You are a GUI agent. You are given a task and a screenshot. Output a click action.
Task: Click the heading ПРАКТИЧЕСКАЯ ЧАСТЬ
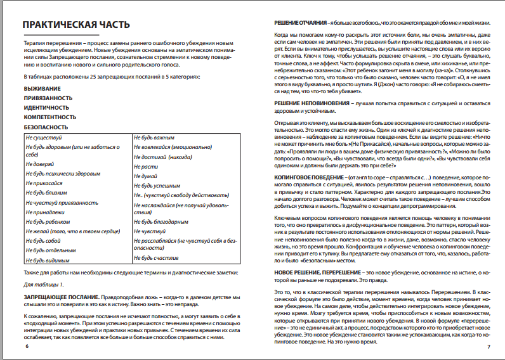point(77,25)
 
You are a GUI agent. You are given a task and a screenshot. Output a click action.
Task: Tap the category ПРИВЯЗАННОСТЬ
point(48,100)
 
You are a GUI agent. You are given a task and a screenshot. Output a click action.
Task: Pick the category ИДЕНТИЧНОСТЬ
point(47,108)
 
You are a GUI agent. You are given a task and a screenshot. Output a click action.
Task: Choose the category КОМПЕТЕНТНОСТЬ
point(50,117)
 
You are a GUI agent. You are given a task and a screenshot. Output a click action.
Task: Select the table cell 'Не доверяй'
point(39,164)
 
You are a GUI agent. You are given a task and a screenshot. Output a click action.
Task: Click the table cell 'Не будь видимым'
point(48,260)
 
